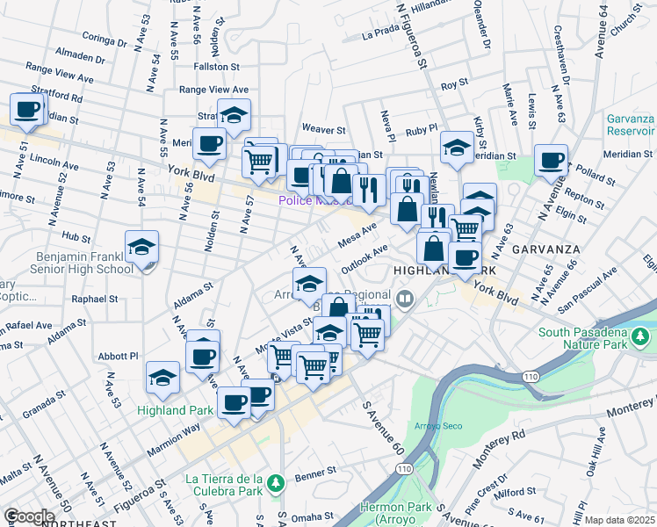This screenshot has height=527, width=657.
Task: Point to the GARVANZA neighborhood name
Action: point(544,247)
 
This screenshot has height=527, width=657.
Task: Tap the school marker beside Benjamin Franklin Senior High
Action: point(141,249)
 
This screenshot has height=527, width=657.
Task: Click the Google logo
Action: point(28,516)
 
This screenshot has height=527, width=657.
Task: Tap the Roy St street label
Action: point(454,85)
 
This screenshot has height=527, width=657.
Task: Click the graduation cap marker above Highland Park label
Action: point(162,379)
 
